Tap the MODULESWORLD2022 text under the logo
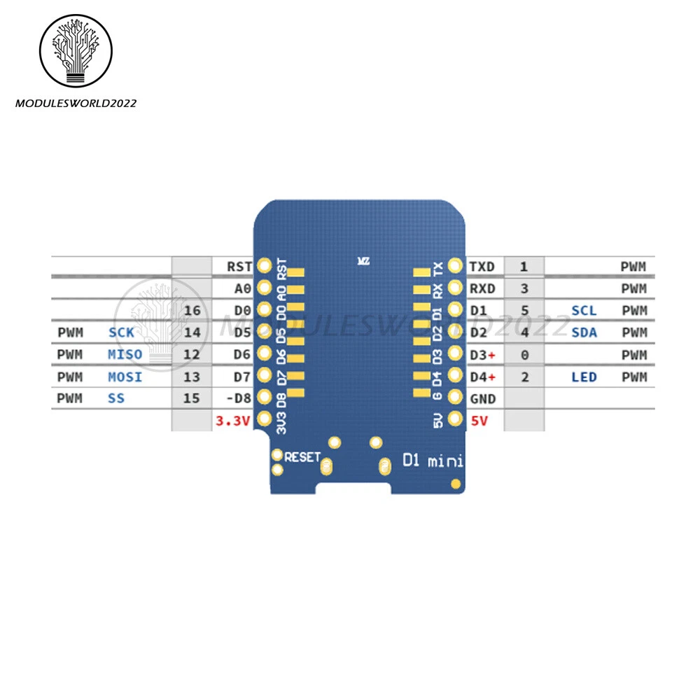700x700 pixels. coord(76,104)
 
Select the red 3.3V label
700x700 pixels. coord(231,420)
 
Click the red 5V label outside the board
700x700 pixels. coord(480,420)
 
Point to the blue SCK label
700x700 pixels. coord(121,332)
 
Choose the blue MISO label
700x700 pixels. coord(125,355)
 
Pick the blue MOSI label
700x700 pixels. coord(125,377)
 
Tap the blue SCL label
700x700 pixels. coord(584,310)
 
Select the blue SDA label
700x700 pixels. coord(584,332)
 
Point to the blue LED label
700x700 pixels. coord(584,377)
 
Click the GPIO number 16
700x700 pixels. coord(192,310)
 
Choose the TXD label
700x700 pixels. coord(482,266)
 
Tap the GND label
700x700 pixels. coord(483,399)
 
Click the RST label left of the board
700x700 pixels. coord(239,266)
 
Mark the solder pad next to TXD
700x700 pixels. coord(455,266)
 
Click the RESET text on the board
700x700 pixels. coord(302,456)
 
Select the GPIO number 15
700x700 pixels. coord(192,399)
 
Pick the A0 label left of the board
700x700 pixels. coord(242,288)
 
